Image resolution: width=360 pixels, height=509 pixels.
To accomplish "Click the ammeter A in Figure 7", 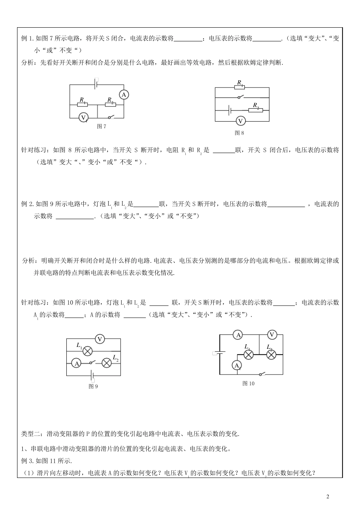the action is [x=124, y=95].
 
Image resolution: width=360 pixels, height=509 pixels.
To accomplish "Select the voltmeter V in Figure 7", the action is [x=84, y=118].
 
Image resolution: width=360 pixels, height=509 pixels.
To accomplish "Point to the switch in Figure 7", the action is [x=111, y=117].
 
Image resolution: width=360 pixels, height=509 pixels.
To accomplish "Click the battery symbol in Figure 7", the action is [x=97, y=84].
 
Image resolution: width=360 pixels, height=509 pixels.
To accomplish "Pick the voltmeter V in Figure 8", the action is [x=240, y=121].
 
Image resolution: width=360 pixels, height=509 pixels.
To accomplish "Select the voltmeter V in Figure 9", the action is [x=100, y=339].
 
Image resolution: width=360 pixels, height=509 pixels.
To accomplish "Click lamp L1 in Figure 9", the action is [x=88, y=351].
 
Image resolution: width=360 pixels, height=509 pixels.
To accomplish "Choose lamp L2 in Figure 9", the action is [x=107, y=363].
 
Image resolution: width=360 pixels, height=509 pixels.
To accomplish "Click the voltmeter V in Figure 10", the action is [x=272, y=334].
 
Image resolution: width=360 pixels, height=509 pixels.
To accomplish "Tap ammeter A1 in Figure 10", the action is [x=237, y=365].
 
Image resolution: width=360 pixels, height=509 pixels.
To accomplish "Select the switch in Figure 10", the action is [x=261, y=374].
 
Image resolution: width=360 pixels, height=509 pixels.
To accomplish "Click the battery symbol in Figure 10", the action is [x=219, y=353].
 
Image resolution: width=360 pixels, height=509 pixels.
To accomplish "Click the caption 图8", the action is [x=239, y=133].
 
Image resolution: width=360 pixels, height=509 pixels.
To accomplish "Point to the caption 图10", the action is [x=248, y=383].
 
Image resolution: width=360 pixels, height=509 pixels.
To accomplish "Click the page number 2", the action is [x=328, y=497].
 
